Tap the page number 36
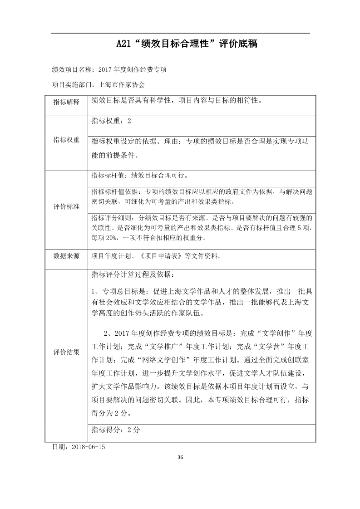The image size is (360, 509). (180, 457)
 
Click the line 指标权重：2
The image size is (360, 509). (111, 121)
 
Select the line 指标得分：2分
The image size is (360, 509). (116, 429)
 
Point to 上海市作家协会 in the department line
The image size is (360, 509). (118, 84)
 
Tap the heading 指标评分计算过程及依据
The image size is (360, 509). (132, 274)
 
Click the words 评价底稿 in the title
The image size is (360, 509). (238, 44)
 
